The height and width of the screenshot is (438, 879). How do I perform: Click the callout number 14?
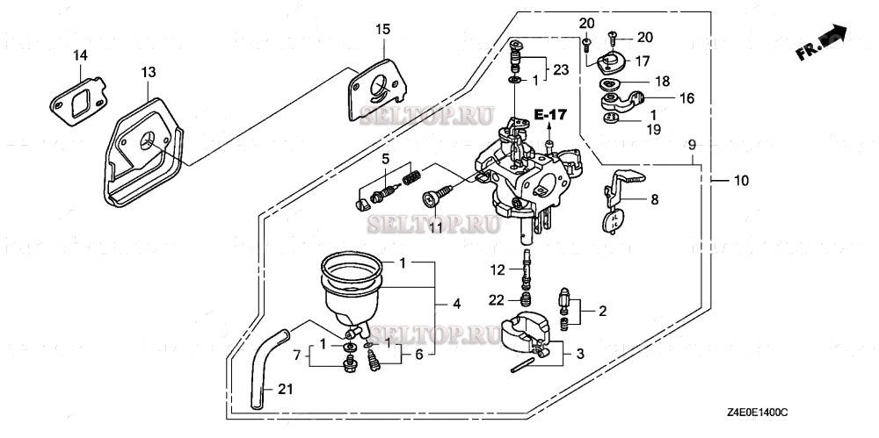[x=80, y=55]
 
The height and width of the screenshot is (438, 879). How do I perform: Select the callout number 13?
[x=148, y=71]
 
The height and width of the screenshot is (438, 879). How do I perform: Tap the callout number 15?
[x=381, y=29]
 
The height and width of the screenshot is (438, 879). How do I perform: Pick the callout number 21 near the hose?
[x=283, y=389]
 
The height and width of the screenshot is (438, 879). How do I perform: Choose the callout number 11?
[x=434, y=227]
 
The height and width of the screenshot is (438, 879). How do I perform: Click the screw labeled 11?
[x=436, y=197]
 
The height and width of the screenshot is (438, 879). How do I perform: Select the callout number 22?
[x=497, y=300]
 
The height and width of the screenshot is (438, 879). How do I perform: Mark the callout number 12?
[x=497, y=269]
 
